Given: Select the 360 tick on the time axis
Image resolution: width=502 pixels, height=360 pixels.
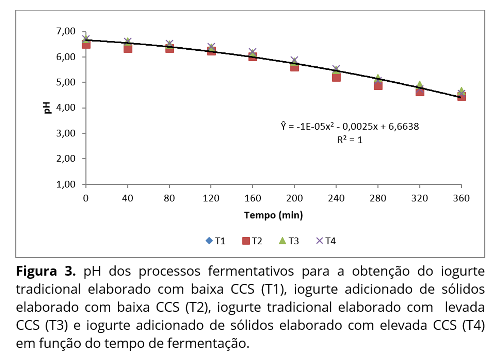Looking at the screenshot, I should coord(461,198).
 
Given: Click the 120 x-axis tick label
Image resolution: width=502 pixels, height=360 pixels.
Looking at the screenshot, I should coord(211,198).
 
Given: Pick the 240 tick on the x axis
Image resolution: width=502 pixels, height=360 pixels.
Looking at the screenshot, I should coord(336,198).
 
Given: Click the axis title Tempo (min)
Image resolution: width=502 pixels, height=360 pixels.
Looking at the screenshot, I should coord(273,215).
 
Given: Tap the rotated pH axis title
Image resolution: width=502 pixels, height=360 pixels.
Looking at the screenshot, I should coord(48,108).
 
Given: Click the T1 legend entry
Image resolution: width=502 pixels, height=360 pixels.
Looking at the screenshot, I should coord(215,241).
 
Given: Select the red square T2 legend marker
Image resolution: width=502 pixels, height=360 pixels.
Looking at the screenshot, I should coord(246,241).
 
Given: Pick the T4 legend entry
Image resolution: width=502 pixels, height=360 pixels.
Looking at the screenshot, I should coord(325,241).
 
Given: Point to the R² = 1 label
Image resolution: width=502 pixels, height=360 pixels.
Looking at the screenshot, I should coord(350,140).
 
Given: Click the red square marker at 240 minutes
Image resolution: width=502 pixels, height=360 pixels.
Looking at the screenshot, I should coord(336,77).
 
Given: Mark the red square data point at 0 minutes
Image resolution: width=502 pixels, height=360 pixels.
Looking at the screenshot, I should coord(86,44).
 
